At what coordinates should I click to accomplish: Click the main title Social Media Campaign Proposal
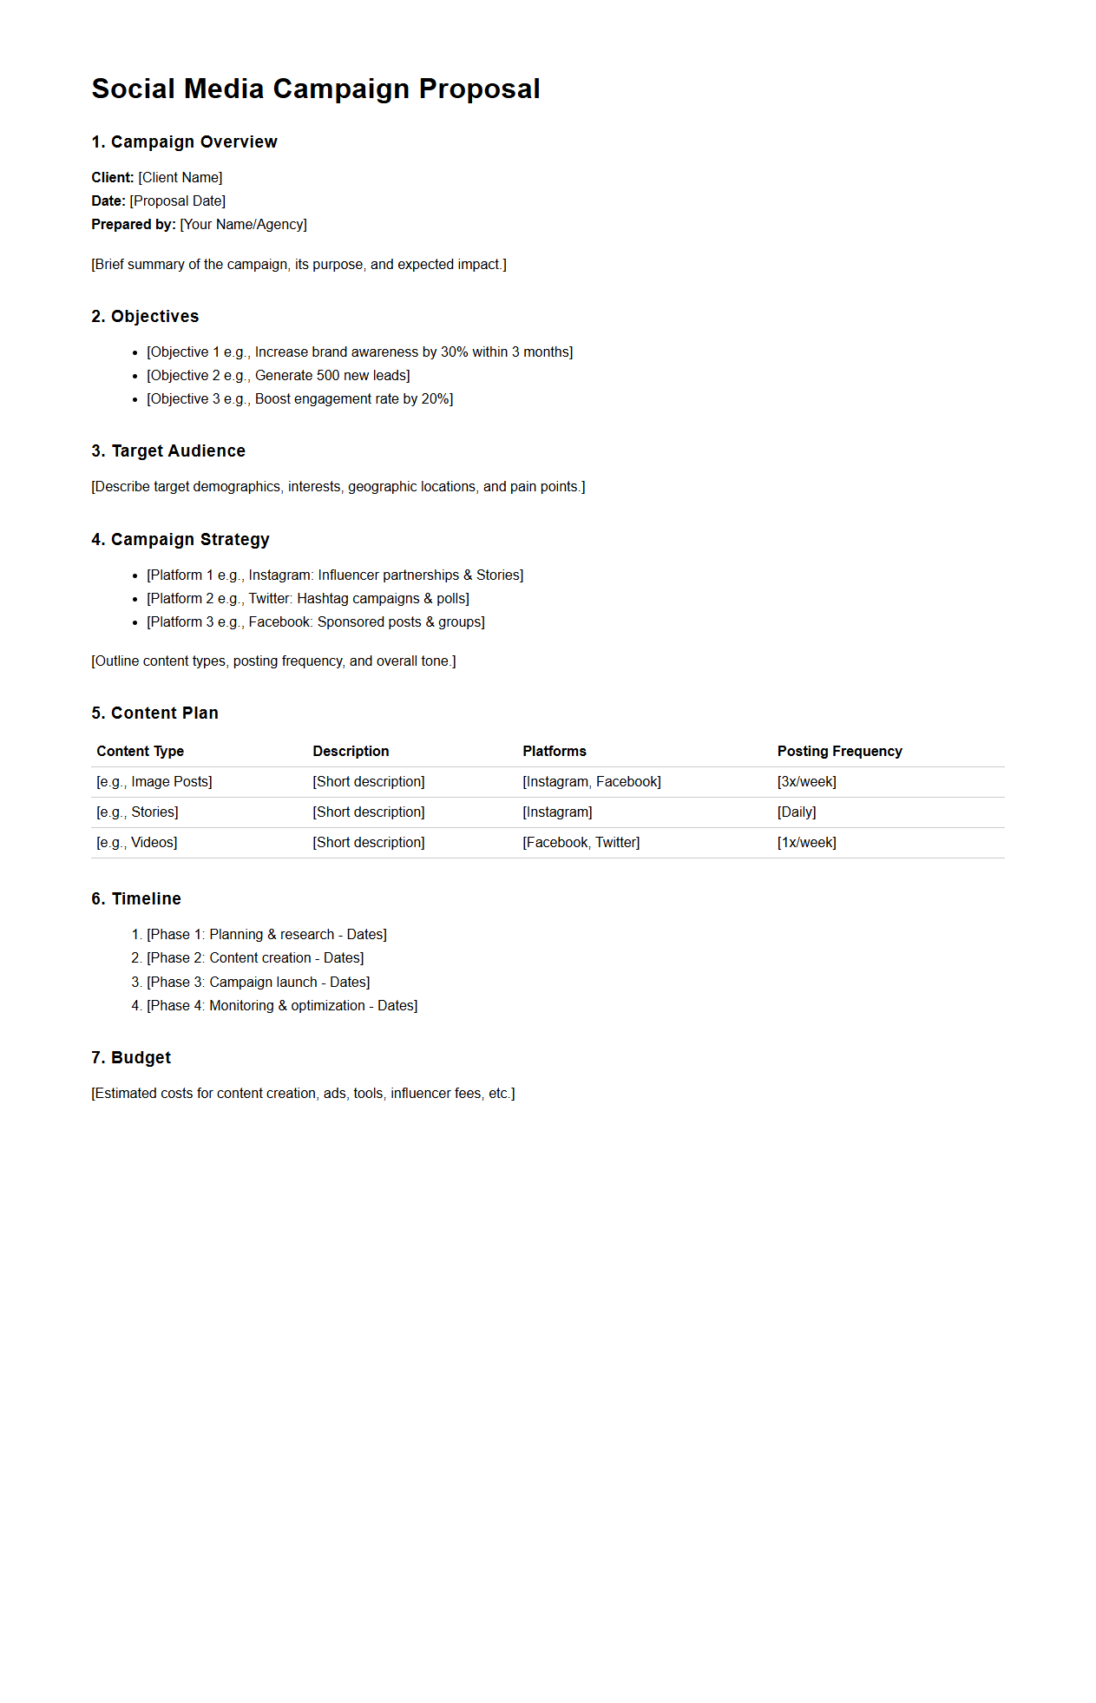(x=316, y=89)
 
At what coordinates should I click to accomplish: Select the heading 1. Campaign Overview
(x=184, y=141)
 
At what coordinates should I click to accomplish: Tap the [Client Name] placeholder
(x=180, y=177)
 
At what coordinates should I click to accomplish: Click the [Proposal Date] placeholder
(x=177, y=201)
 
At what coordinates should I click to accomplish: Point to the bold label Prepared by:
(x=134, y=224)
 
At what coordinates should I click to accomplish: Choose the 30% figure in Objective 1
(x=454, y=352)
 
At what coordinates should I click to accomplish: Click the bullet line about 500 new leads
(x=278, y=375)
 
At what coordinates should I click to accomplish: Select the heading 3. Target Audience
(x=168, y=450)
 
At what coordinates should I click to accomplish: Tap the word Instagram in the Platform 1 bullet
(x=280, y=575)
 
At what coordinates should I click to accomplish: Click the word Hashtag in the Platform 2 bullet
(x=323, y=598)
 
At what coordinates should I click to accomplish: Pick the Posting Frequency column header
(x=839, y=751)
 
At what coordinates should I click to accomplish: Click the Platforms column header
(x=554, y=751)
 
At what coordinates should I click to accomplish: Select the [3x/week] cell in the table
(x=806, y=781)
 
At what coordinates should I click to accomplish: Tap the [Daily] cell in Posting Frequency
(x=796, y=812)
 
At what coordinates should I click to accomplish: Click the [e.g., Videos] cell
(x=136, y=842)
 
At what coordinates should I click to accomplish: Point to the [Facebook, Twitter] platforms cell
(x=581, y=842)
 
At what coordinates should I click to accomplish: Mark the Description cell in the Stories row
(x=368, y=812)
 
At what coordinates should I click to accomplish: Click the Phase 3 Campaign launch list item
(x=258, y=982)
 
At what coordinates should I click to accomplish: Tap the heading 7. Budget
(x=131, y=1057)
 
